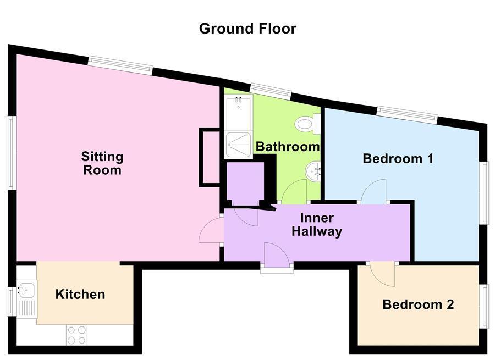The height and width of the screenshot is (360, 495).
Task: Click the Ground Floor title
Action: click(248, 29)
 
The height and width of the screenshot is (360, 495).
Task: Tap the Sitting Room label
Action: click(102, 163)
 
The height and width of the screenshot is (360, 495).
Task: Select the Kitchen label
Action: click(80, 295)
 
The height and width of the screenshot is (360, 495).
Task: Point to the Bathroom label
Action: click(288, 146)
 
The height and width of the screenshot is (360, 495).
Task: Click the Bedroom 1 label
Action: click(398, 158)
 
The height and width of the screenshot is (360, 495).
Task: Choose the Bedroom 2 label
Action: click(418, 304)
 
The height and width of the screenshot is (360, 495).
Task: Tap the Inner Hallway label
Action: click(317, 224)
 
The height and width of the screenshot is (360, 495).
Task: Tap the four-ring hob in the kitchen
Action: click(76, 335)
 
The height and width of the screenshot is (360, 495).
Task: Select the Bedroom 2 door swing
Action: click(382, 274)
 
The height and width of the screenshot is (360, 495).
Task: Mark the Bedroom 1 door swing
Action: click(373, 191)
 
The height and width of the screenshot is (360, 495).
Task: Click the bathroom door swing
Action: click(294, 191)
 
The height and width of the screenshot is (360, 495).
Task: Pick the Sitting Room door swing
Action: click(211, 230)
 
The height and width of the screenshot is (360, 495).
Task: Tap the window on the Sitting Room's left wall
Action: click(12, 153)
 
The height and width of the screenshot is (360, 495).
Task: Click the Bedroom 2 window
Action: click(483, 306)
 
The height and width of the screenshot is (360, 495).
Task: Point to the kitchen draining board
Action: click(27, 308)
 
